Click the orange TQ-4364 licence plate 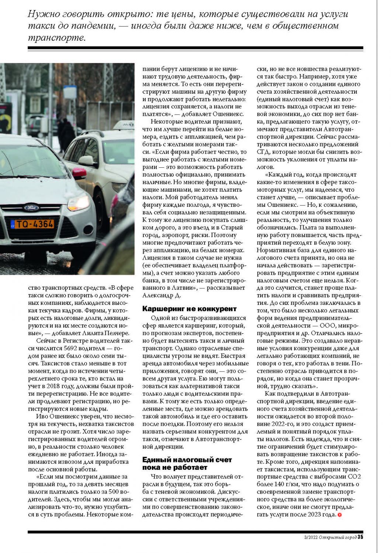(x=32, y=224)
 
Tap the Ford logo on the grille (x=31, y=208)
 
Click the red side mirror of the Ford (x=79, y=172)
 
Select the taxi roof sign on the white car (x=124, y=125)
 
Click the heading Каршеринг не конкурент (x=189, y=309)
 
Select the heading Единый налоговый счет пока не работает (x=187, y=463)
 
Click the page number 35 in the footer (x=360, y=537)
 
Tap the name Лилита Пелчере (x=105, y=333)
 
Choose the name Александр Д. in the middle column (x=161, y=295)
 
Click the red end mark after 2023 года (x=339, y=515)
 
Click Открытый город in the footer (x=338, y=537)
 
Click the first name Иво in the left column (x=41, y=416)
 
